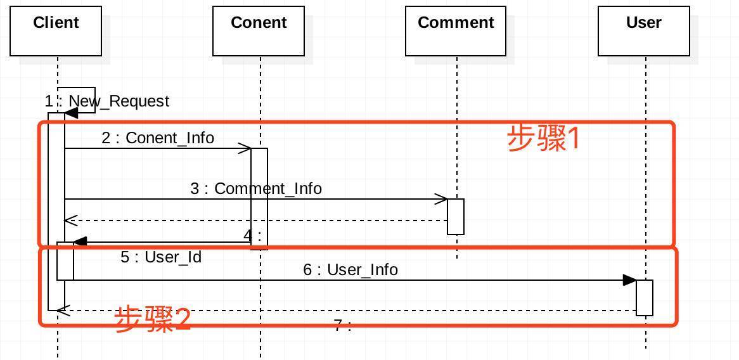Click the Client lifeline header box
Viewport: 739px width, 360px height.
coord(56,31)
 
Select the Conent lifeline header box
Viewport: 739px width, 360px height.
coord(259,31)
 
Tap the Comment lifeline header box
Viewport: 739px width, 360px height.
coord(456,31)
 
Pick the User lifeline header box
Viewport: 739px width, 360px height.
coord(644,31)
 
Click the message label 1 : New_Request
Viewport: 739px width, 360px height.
coord(107,101)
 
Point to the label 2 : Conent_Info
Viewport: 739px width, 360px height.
coord(158,138)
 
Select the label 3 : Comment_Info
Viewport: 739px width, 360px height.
coord(256,189)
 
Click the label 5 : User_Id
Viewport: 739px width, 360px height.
coord(161,257)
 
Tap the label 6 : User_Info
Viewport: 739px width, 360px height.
coord(350,270)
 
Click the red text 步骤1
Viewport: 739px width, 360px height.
coord(544,138)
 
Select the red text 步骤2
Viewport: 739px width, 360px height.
coord(153,319)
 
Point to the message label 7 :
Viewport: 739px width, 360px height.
coord(342,326)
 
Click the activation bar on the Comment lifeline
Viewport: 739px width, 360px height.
coord(456,217)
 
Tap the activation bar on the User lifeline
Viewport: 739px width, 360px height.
coord(645,297)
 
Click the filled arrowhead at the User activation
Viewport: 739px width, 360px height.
coord(630,280)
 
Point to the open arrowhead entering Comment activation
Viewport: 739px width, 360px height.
coord(442,200)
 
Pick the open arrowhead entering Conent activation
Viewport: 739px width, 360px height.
coord(245,149)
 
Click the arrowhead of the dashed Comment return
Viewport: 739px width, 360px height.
coord(70,221)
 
